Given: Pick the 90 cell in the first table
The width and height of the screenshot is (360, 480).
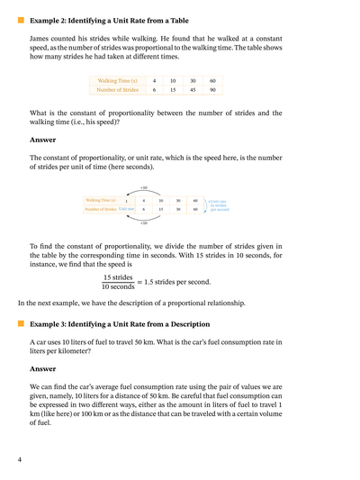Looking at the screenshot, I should point(211,89).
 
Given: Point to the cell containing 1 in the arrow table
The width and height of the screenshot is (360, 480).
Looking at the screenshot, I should point(127,200).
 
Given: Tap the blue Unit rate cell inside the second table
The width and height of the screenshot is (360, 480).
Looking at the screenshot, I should point(126,209).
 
